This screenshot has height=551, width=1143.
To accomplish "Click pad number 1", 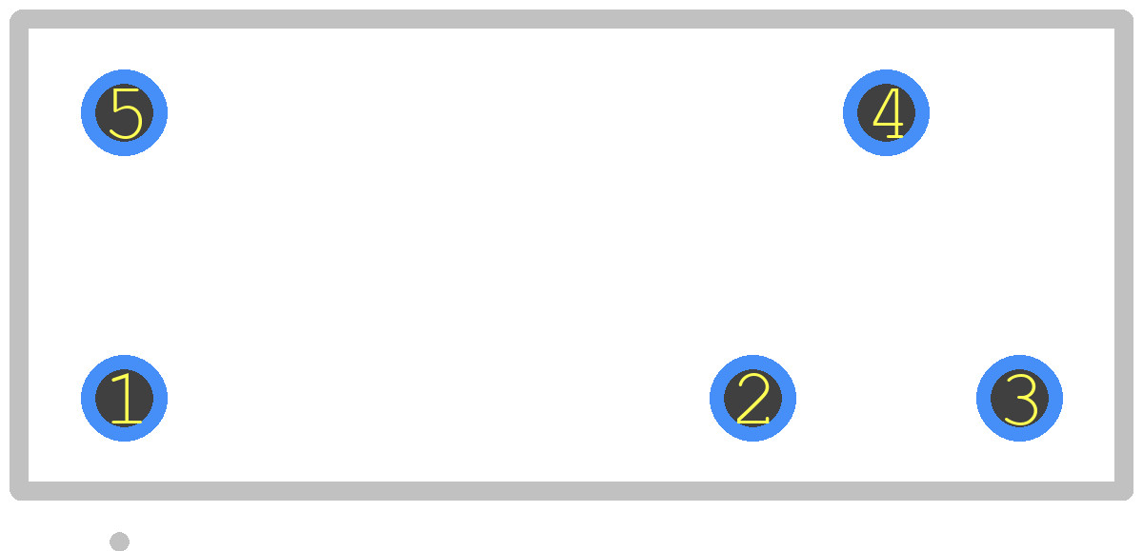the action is [x=124, y=398].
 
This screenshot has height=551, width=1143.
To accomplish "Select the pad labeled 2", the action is [x=752, y=398].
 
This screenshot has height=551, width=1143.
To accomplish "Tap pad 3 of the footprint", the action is [x=1019, y=398].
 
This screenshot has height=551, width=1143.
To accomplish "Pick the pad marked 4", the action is [x=886, y=112].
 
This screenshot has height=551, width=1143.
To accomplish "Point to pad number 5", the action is [x=124, y=112].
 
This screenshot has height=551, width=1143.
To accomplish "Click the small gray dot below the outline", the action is [x=119, y=541].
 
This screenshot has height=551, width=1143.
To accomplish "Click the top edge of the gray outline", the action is [x=571, y=19].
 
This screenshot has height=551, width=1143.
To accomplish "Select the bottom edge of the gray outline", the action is [x=571, y=491].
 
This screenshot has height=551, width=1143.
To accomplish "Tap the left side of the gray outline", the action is [x=19, y=255].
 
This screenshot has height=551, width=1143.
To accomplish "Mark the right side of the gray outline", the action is [x=1124, y=255].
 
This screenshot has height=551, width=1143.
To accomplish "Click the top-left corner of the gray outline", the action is [x=19, y=19].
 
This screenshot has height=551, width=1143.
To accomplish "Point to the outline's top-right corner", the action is [x=1124, y=19].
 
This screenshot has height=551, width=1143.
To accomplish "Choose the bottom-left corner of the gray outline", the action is [x=19, y=491].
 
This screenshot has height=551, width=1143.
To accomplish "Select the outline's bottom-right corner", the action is [x=1124, y=491].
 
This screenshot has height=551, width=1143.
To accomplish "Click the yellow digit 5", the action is [x=126, y=113].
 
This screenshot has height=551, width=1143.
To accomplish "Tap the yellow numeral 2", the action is [x=753, y=399].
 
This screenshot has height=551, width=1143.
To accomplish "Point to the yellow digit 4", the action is [x=889, y=113].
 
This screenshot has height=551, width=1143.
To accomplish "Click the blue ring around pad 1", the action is [x=88, y=398].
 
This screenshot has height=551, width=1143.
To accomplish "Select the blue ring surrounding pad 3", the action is [x=983, y=398].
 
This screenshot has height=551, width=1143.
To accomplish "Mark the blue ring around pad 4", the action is [x=850, y=112].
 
